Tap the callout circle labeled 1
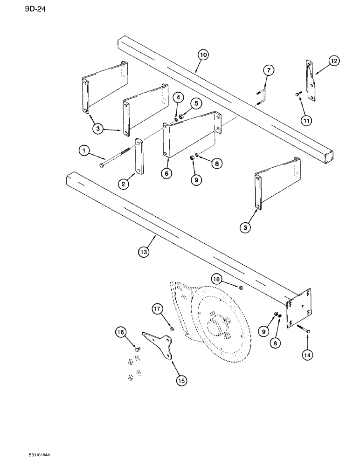pyautogui.click(x=83, y=151)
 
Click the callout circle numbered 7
pyautogui.click(x=268, y=70)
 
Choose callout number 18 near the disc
pyautogui.click(x=229, y=279)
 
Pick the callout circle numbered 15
pyautogui.click(x=180, y=380)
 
